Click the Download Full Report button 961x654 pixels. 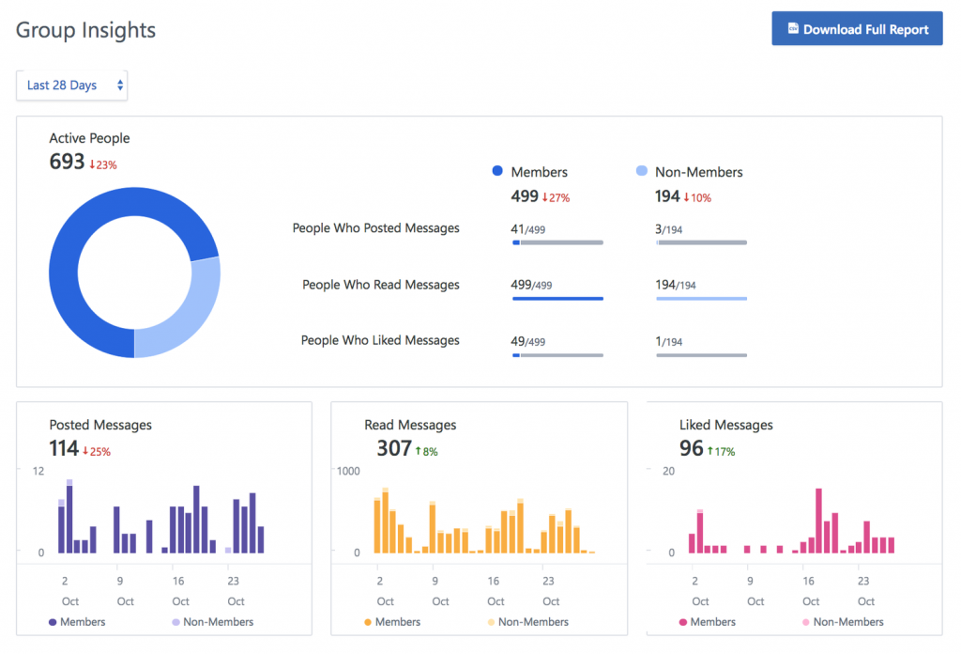pos(857,29)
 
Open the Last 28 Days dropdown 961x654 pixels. pos(72,86)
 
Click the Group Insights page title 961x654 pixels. pos(86,30)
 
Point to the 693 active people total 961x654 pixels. pos(68,162)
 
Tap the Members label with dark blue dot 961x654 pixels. pos(539,172)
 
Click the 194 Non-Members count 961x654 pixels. pos(668,196)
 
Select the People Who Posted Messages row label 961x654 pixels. pos(375,228)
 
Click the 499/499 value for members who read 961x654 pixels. pos(532,285)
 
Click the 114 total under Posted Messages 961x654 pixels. pos(64,448)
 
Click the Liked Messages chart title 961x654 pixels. pos(725,425)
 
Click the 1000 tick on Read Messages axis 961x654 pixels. pos(348,471)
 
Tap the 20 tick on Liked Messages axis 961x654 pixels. pos(669,471)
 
